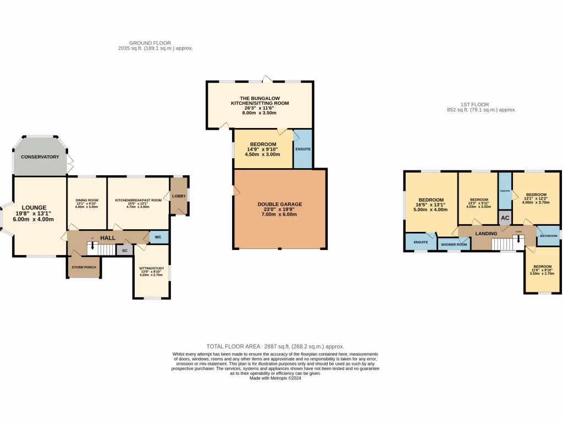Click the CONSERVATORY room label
[40, 157]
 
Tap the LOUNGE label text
[34, 208]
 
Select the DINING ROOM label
[86, 200]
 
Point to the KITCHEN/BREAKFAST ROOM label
[138, 200]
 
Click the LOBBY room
[179, 196]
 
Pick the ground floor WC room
[158, 237]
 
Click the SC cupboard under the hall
[125, 250]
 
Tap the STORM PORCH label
[84, 267]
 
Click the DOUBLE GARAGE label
[279, 204]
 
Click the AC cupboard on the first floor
[505, 218]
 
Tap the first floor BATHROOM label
[548, 236]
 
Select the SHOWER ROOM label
[454, 244]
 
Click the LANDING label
[485, 233]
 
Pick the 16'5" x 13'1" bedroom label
[431, 200]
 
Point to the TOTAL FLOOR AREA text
[275, 347]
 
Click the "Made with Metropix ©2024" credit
[275, 378]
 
